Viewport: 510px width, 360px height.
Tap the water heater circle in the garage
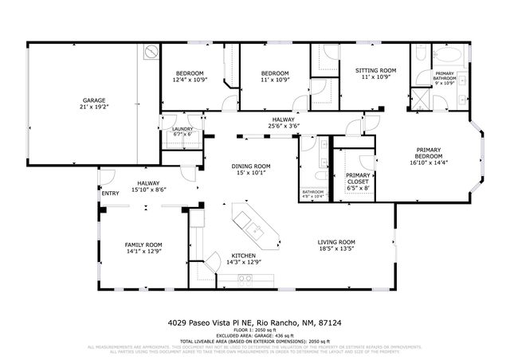coord(150,53)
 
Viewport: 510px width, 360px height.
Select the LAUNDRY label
coord(182,128)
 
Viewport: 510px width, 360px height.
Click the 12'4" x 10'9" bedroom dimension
coord(190,80)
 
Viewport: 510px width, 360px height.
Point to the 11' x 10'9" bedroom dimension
coord(274,80)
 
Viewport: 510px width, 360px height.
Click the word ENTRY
coord(109,194)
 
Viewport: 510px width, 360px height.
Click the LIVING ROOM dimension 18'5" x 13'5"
coord(335,248)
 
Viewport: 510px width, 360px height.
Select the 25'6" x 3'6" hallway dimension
coord(284,126)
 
